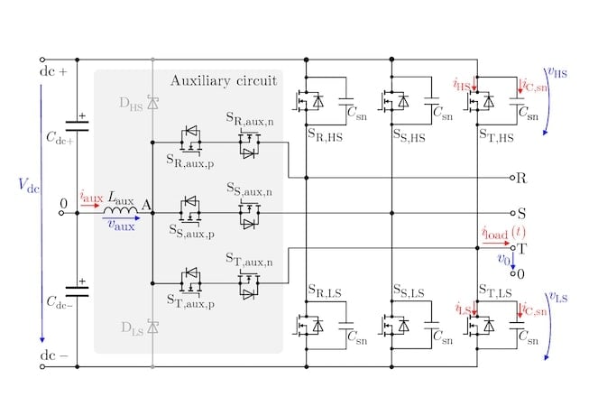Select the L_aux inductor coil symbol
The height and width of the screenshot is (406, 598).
click(120, 213)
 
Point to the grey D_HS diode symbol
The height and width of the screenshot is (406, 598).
click(152, 106)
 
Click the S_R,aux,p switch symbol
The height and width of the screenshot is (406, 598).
click(191, 137)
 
